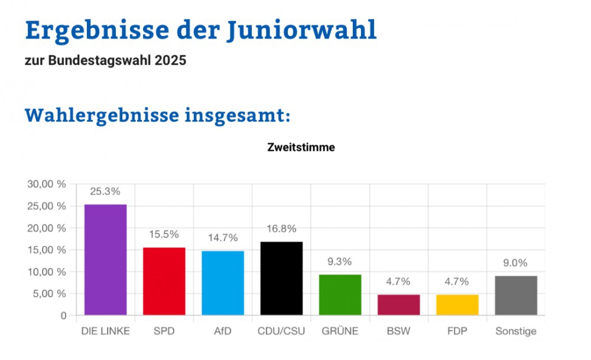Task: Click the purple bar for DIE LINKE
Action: [105, 260]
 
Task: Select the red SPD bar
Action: [164, 281]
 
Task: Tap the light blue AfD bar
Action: [223, 283]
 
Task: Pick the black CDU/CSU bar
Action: [281, 278]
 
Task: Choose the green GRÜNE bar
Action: [340, 295]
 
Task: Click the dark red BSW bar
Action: [398, 305]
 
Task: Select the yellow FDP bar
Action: [457, 305]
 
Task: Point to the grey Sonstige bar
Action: [516, 296]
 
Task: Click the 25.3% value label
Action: [105, 192]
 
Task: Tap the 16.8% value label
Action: [281, 229]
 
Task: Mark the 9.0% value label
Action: [516, 263]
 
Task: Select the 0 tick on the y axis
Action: [63, 316]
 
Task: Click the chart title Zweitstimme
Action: [301, 148]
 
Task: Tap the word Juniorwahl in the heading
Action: [301, 31]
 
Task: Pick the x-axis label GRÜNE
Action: [340, 331]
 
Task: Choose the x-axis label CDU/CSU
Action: [281, 331]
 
